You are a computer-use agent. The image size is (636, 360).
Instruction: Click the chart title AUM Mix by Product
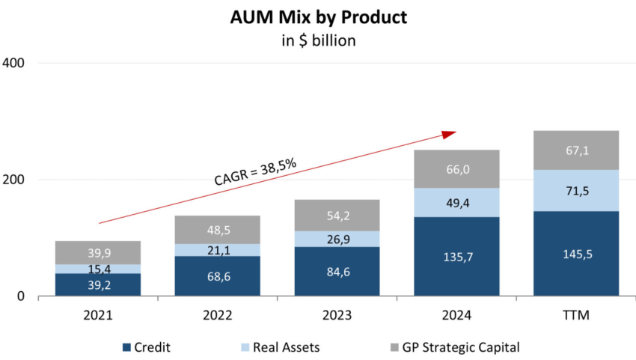(x=318, y=16)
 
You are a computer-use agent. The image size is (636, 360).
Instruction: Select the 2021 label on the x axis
(x=98, y=316)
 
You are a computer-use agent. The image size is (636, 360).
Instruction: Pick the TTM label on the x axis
(x=576, y=316)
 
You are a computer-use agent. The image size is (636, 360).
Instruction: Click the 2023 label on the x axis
(x=337, y=316)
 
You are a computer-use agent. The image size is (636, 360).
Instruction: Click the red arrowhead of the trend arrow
(x=449, y=134)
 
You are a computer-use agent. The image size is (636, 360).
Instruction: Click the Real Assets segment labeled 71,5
(x=576, y=191)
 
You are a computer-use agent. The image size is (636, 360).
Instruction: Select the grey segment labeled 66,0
(x=456, y=169)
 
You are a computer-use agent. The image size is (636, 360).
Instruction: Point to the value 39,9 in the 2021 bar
(x=98, y=253)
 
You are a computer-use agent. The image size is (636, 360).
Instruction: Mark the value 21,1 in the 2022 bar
(x=218, y=250)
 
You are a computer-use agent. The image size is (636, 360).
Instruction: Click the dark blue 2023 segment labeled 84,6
(x=337, y=272)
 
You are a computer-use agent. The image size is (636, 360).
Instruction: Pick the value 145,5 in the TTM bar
(x=576, y=254)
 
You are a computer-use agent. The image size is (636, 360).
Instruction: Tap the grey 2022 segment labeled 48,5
(x=218, y=230)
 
